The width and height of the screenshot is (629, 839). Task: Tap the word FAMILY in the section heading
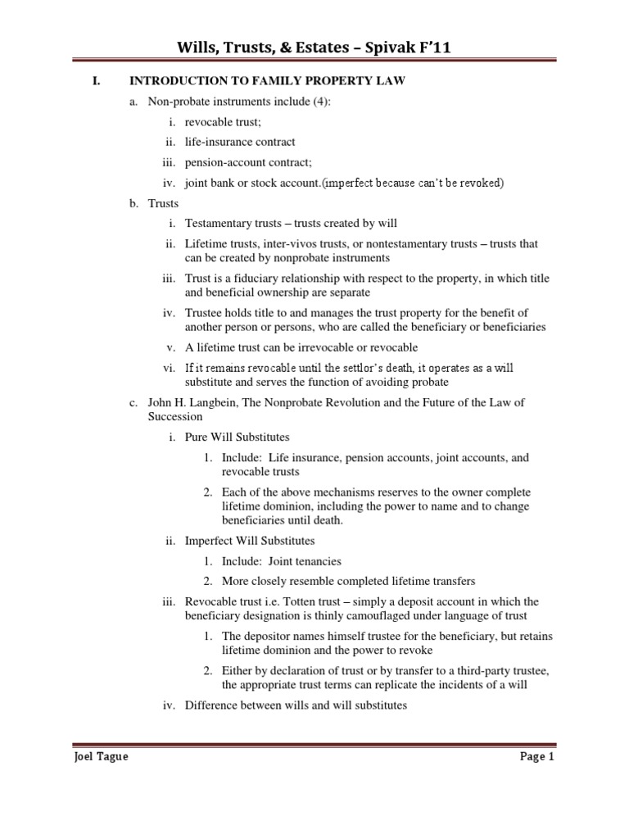point(253,81)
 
